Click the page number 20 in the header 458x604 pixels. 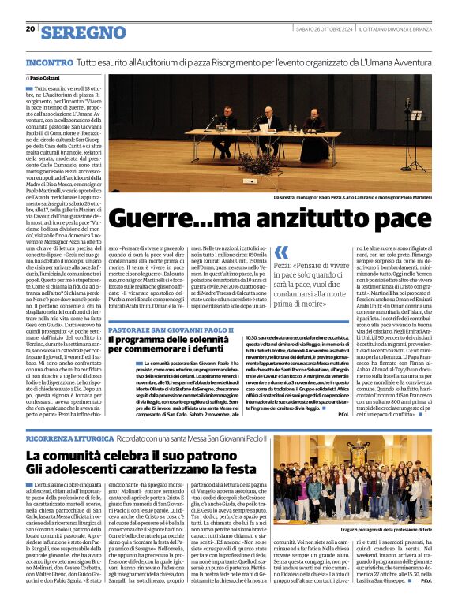point(30,29)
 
